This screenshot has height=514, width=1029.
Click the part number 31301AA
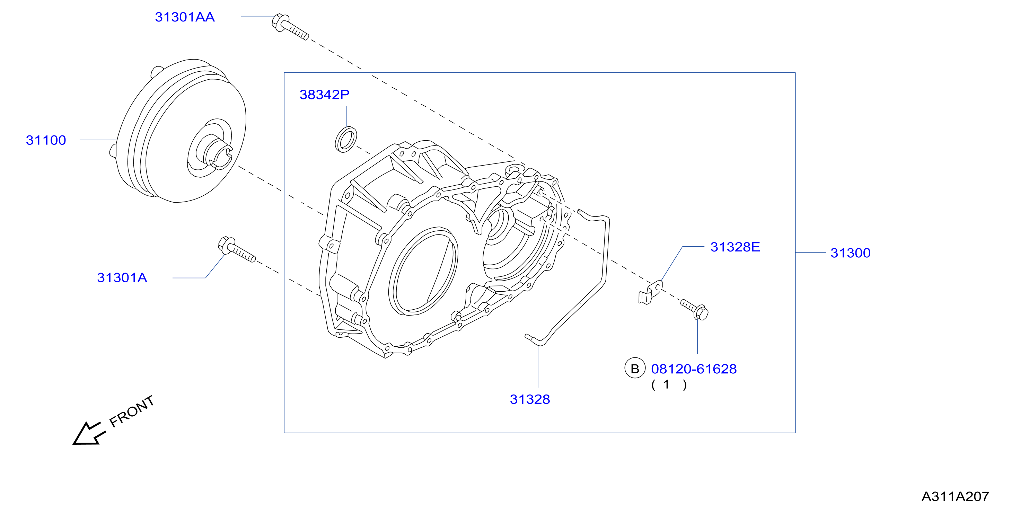(x=185, y=17)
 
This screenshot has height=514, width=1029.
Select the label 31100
(x=46, y=140)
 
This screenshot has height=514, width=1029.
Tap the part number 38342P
(x=324, y=95)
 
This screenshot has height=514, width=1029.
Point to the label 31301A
(x=122, y=277)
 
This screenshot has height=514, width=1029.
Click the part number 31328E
(x=735, y=247)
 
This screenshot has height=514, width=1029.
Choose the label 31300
(x=851, y=253)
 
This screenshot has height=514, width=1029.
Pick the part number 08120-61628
(x=694, y=369)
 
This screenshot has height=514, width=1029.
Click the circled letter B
(x=635, y=369)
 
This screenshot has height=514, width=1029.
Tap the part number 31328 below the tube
(x=530, y=399)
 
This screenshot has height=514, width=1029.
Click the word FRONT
(x=132, y=411)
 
